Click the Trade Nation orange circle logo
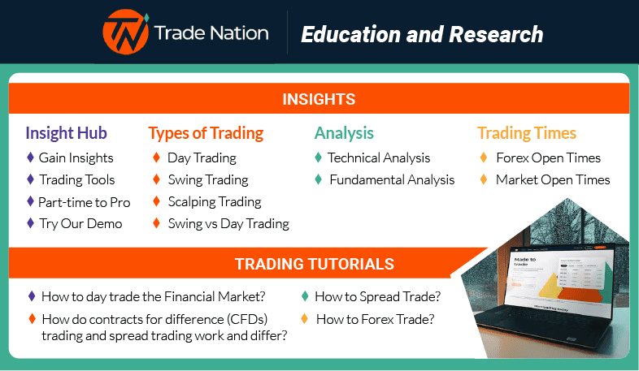[x=124, y=33]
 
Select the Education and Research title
[x=421, y=34]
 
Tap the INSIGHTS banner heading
[x=319, y=100]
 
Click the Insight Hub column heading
[x=66, y=133]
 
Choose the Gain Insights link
[x=76, y=158]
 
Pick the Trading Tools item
[x=76, y=180]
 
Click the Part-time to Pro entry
[x=84, y=202]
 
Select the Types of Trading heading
[x=206, y=133]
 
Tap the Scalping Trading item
[x=214, y=202]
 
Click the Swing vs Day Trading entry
[x=228, y=224]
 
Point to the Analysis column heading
[x=344, y=133]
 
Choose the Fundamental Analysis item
[x=391, y=180]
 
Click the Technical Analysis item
[x=379, y=158]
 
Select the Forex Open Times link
[x=548, y=158]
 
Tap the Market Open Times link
[x=552, y=180]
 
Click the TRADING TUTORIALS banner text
[x=315, y=265]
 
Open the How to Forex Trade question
[x=375, y=320]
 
